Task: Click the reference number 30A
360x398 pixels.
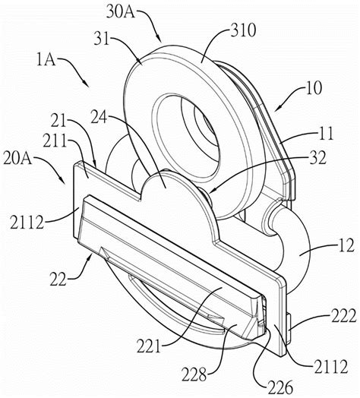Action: click(x=121, y=12)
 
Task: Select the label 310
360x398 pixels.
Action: click(x=243, y=30)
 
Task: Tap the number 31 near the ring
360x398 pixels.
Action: click(x=102, y=39)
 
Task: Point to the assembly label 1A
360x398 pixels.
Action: click(x=46, y=61)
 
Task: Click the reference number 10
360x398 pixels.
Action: click(x=314, y=88)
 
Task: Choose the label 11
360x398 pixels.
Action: click(x=325, y=134)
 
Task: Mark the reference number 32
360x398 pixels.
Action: click(x=317, y=158)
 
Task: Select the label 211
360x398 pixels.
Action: click(x=55, y=141)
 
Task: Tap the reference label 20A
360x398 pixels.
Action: click(x=17, y=159)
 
